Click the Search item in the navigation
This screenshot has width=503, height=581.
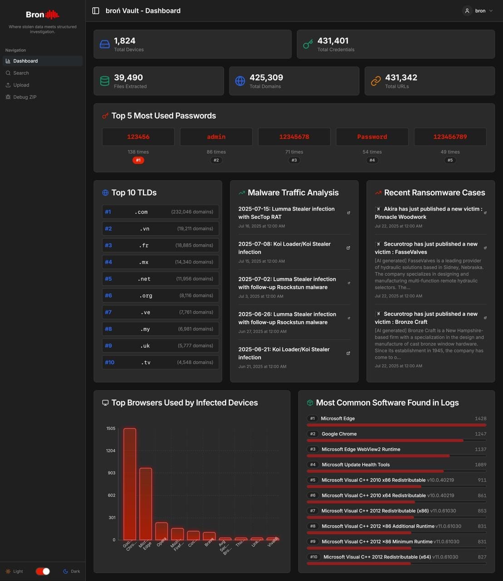click(x=21, y=73)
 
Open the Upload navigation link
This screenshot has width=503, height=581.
click(x=21, y=85)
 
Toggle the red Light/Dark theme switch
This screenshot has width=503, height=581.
click(x=43, y=571)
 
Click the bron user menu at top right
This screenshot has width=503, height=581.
click(x=478, y=11)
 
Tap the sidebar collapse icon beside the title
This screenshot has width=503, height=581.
click(x=96, y=11)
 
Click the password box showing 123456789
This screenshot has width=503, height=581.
click(x=450, y=137)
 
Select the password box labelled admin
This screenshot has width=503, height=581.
click(x=216, y=137)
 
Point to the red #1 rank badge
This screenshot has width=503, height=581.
click(x=138, y=160)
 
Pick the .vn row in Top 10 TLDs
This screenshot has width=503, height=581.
click(x=160, y=229)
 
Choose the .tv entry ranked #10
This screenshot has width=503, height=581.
click(x=160, y=362)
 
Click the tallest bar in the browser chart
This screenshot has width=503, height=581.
click(x=130, y=484)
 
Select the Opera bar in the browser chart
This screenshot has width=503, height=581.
click(x=162, y=531)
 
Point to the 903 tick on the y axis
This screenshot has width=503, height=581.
click(x=111, y=473)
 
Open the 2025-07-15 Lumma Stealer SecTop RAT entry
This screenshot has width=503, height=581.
click(x=286, y=213)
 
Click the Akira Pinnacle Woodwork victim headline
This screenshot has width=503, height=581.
click(x=428, y=213)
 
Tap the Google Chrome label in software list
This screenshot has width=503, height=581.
click(x=339, y=434)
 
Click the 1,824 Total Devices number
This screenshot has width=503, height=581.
click(x=125, y=41)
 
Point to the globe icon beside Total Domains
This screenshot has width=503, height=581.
click(x=240, y=81)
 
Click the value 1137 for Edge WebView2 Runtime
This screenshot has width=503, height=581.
click(x=480, y=449)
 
